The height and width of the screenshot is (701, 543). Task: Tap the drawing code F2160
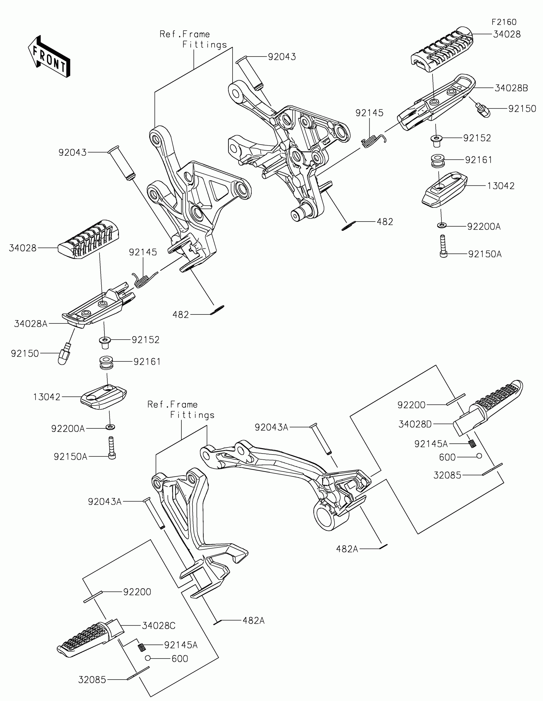(x=504, y=22)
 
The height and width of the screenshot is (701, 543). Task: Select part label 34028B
(x=511, y=88)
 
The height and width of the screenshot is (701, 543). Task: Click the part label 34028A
(x=31, y=324)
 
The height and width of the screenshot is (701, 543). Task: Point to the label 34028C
(x=159, y=626)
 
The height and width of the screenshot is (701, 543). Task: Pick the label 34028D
(x=415, y=424)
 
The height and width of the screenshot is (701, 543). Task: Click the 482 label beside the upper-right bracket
(x=385, y=222)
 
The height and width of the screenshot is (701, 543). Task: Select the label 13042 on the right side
(x=501, y=186)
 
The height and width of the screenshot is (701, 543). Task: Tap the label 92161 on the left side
(x=147, y=362)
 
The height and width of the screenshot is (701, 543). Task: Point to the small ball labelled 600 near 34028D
(x=479, y=456)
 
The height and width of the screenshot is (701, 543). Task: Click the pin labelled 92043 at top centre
(x=249, y=72)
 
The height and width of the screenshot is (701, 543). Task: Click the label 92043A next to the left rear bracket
(x=105, y=501)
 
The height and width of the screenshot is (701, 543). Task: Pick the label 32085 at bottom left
(x=92, y=680)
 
